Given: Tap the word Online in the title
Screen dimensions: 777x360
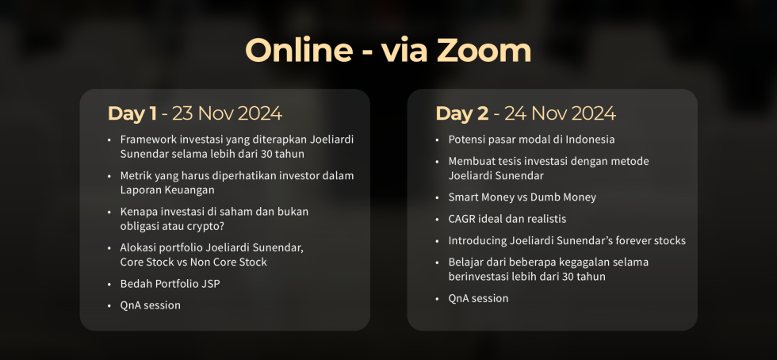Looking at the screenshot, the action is point(299,51).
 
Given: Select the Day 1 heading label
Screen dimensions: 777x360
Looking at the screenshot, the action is point(132,113).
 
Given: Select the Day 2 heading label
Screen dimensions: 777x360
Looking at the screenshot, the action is point(461,113).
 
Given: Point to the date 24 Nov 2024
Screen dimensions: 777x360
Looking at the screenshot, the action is point(560,113).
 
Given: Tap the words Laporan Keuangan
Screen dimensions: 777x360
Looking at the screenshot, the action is point(167,190).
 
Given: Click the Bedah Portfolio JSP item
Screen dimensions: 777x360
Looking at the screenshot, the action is point(170,284).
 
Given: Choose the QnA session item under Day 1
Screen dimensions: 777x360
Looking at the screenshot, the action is point(150,305).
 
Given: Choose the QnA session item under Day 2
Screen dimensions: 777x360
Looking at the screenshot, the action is point(478,298).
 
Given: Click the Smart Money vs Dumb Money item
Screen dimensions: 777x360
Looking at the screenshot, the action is point(522,197).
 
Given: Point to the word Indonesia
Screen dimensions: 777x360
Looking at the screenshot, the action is point(590,140).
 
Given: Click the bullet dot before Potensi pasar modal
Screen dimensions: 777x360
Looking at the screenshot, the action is point(437,140).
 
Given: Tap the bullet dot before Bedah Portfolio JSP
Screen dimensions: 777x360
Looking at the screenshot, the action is point(109,285).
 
